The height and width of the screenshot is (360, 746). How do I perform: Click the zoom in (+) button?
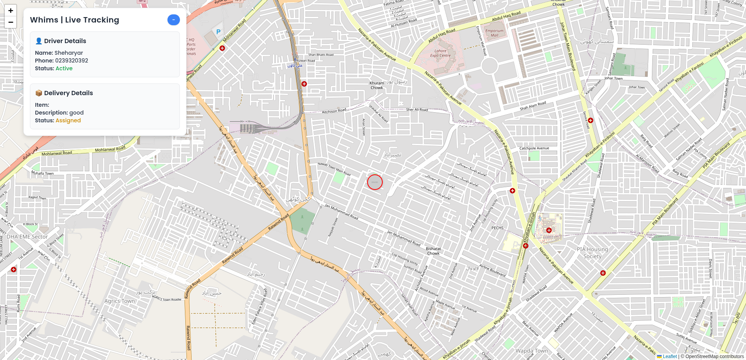click(10, 10)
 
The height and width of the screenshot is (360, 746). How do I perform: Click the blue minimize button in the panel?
click(173, 20)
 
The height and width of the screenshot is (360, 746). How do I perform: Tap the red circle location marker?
click(375, 182)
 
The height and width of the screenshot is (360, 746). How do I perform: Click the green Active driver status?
click(64, 68)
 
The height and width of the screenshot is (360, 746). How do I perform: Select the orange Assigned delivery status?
click(68, 120)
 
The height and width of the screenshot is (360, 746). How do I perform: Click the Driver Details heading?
click(65, 41)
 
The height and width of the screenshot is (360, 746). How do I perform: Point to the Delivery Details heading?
click(68, 93)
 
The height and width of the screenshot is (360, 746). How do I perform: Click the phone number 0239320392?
click(71, 61)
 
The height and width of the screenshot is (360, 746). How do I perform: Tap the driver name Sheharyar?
click(69, 53)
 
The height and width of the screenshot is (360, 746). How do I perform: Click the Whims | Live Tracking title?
click(75, 20)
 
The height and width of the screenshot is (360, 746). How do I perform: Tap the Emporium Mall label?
click(494, 33)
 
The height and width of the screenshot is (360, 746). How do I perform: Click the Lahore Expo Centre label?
click(440, 53)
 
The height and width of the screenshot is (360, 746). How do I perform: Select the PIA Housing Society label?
click(592, 253)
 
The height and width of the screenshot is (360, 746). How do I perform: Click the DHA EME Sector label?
click(27, 237)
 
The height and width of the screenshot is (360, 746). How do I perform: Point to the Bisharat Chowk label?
click(433, 251)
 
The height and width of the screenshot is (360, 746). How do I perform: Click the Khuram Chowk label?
click(376, 85)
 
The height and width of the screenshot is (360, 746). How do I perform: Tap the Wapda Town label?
click(532, 351)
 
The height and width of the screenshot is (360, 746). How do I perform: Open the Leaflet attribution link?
click(669, 357)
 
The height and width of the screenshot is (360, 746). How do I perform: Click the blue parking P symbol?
click(218, 32)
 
